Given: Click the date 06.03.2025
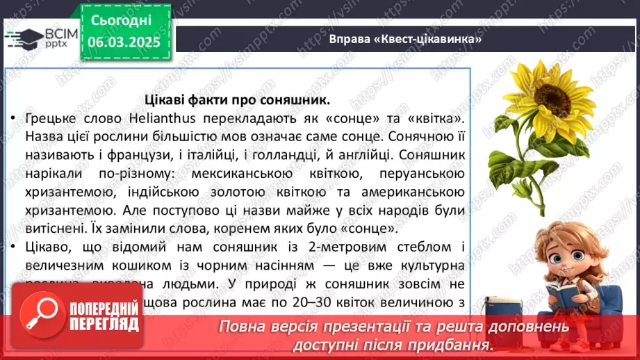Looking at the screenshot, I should pyautogui.click(x=125, y=42).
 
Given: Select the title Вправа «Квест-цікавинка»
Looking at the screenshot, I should pyautogui.click(x=406, y=39).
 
